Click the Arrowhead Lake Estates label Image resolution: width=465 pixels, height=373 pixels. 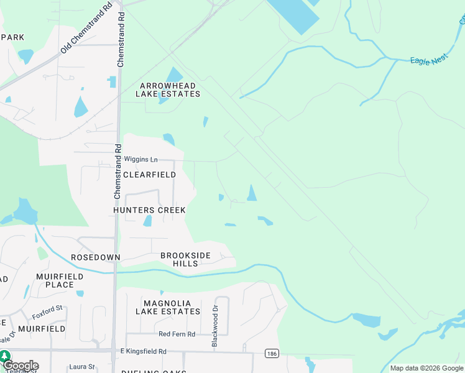[169, 90]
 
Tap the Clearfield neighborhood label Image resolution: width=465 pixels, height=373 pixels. [149, 175]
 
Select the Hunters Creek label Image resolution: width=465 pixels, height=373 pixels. [149, 210]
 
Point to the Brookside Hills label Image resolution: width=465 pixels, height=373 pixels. [185, 259]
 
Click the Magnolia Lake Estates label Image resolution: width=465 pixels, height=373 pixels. [168, 307]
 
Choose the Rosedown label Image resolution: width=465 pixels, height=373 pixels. [94, 257]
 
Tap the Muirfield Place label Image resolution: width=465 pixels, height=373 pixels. [55, 280]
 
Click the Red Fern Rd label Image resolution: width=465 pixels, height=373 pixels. [177, 334]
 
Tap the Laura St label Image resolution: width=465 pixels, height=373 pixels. [82, 367]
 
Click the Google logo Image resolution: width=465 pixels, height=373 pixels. [21, 366]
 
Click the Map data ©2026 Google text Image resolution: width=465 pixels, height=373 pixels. [426, 368]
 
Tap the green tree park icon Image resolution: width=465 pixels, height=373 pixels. [5, 356]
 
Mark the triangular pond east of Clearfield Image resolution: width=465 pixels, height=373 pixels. [252, 194]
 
